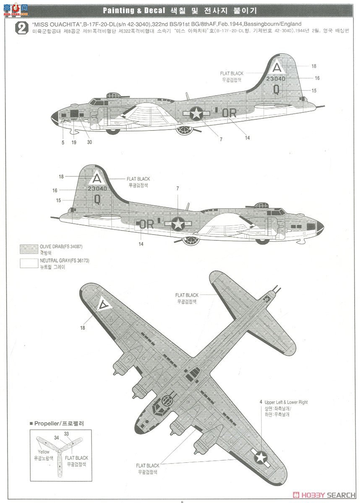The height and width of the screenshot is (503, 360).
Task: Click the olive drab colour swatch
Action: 29,249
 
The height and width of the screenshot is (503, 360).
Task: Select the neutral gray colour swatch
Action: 29,263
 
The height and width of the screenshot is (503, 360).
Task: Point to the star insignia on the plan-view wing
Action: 260,456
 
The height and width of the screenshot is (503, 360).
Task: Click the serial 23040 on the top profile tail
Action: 275,79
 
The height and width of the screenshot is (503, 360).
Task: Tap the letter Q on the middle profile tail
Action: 97,199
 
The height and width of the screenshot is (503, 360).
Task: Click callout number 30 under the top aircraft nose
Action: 89,142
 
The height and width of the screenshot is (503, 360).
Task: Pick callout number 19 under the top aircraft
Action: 74,142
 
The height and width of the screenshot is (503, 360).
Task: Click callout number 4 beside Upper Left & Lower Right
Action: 261,402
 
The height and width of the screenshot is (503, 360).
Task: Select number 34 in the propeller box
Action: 57,438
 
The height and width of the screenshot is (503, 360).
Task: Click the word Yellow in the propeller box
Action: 43,452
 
